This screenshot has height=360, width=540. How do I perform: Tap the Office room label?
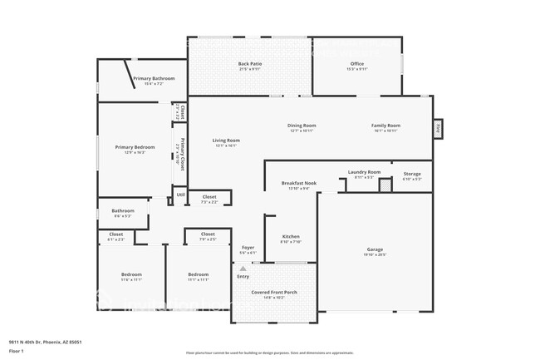(357, 63)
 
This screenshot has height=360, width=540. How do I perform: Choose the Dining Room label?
(302, 126)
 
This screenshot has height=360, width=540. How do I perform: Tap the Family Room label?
(385, 126)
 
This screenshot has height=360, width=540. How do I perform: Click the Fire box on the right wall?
(437, 128)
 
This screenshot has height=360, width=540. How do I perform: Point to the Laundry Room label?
(364, 172)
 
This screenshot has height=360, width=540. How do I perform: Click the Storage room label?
(412, 174)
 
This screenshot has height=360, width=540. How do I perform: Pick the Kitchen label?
(290, 236)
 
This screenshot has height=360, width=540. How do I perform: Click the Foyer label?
(248, 248)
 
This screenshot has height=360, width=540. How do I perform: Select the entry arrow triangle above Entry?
(243, 269)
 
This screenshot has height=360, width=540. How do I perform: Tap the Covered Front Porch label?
(273, 291)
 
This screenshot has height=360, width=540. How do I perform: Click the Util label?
(180, 195)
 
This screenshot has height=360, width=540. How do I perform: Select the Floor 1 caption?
(17, 351)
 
